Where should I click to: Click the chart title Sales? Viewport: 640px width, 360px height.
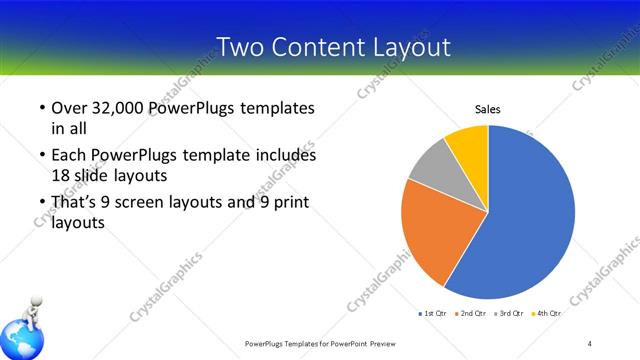[487, 109]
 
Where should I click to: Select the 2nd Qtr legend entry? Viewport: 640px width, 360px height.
[471, 314]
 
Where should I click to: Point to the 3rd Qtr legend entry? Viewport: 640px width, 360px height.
[510, 314]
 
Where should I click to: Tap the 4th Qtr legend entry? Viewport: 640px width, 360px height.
[548, 314]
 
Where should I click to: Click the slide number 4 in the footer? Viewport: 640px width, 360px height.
[590, 344]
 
